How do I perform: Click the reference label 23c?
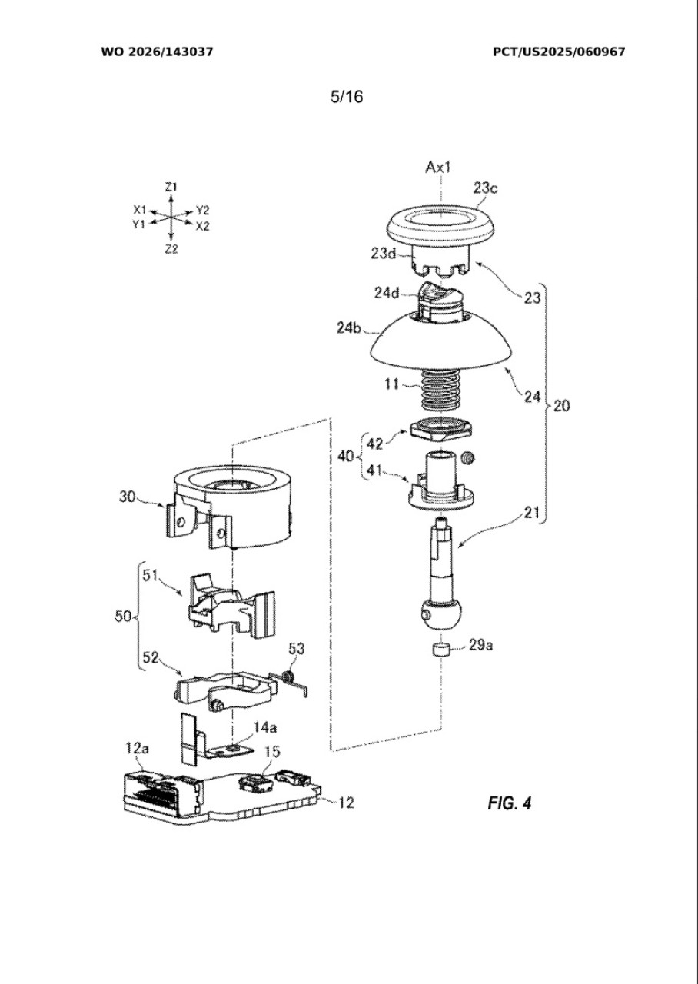(485, 188)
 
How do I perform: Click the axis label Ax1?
(438, 167)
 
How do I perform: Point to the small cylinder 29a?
(440, 649)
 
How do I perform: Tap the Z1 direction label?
(171, 187)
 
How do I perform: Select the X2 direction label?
(202, 227)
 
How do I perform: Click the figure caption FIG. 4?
(509, 803)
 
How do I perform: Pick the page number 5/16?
(347, 97)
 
